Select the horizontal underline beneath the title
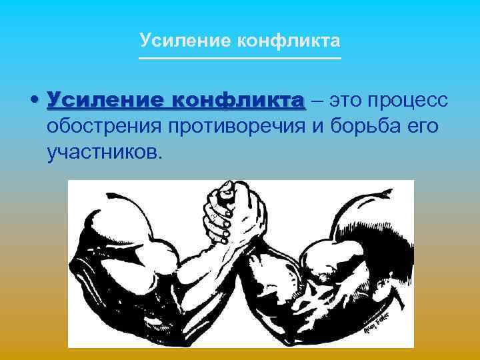[x=240, y=59]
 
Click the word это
[x=347, y=101]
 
